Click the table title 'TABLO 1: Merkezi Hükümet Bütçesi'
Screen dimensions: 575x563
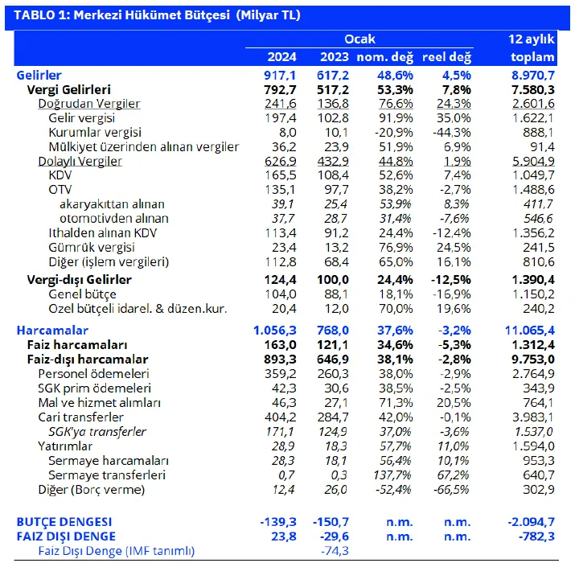click(x=121, y=15)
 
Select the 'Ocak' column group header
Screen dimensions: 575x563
click(x=359, y=39)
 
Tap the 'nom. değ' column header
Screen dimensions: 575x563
click(x=384, y=57)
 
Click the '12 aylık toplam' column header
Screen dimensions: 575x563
click(x=532, y=47)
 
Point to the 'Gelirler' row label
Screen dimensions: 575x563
click(x=39, y=75)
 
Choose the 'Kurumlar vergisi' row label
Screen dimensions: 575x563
click(x=95, y=133)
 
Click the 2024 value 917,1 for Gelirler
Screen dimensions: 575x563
click(x=280, y=75)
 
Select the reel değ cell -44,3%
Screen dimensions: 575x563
click(x=452, y=133)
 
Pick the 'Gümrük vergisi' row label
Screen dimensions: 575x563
click(x=92, y=247)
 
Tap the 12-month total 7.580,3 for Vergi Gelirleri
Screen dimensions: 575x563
click(x=533, y=89)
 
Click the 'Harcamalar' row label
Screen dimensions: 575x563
click(x=52, y=330)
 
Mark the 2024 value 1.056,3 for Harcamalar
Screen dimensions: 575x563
click(x=275, y=330)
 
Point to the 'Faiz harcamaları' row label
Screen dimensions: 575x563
click(x=77, y=345)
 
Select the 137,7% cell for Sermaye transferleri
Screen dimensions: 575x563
click(x=392, y=475)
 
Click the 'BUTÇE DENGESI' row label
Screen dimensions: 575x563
click(x=64, y=521)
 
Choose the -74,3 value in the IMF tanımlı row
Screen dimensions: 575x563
click(x=335, y=550)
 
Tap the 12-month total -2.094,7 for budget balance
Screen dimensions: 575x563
click(x=532, y=521)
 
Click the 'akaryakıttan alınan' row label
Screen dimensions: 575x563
click(x=112, y=204)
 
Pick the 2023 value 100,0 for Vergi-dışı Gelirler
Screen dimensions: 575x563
click(x=333, y=279)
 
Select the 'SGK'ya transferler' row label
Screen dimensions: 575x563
click(x=97, y=432)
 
